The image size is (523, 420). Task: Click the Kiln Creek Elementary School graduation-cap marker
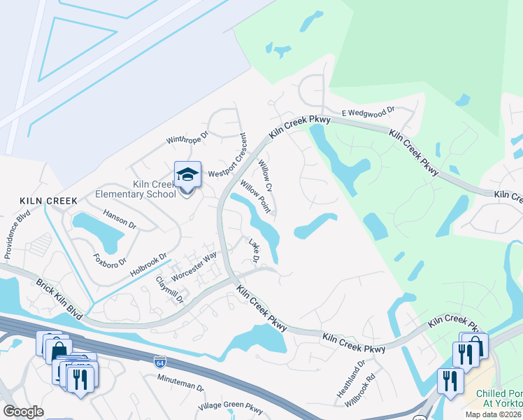pyautogui.click(x=187, y=175)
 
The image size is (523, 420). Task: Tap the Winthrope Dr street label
pyautogui.click(x=187, y=139)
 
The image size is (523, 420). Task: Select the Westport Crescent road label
pyautogui.click(x=233, y=157)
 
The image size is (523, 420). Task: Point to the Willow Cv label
pyautogui.click(x=265, y=176)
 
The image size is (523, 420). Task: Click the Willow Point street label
pyautogui.click(x=255, y=195)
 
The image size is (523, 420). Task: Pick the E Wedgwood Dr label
pyautogui.click(x=368, y=111)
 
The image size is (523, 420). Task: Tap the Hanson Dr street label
pyautogui.click(x=120, y=217)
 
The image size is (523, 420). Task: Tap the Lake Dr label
pyautogui.click(x=255, y=251)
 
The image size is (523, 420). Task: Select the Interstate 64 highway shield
pyautogui.click(x=160, y=362)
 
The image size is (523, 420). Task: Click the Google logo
pyautogui.click(x=23, y=411)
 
